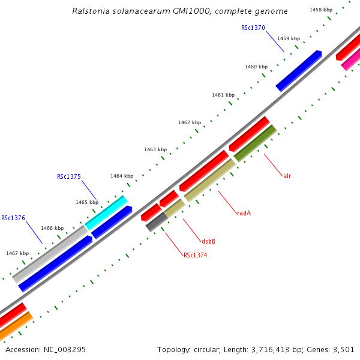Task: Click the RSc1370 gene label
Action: point(253,28)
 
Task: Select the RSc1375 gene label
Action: point(69,176)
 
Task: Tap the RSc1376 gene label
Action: point(13,218)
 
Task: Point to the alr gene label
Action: point(287,176)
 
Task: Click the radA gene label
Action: point(244,213)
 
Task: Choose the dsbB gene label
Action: point(208,241)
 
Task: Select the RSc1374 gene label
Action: point(196,255)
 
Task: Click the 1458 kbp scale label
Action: point(321,10)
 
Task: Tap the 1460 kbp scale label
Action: point(256,67)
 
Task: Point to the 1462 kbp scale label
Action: point(189,122)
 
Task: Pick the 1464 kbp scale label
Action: point(121,176)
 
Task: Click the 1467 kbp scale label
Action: point(17,253)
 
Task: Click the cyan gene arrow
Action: point(106,212)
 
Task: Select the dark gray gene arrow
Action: point(157,221)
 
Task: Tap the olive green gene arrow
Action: point(255,143)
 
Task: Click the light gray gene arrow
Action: point(51,254)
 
